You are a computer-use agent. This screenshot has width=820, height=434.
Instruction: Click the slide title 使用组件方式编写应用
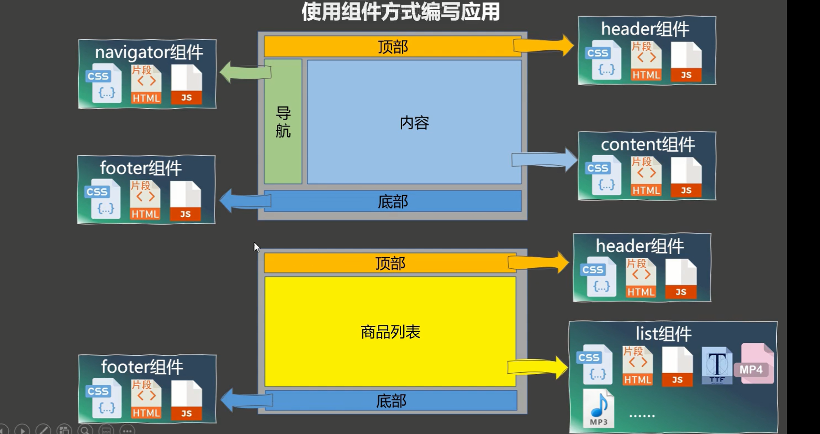click(400, 12)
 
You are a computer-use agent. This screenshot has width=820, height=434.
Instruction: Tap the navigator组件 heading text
click(149, 52)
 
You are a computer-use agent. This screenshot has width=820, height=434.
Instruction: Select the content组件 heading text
click(648, 145)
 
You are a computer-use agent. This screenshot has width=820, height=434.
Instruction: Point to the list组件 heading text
click(663, 334)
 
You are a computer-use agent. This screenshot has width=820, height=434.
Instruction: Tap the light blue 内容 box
click(414, 122)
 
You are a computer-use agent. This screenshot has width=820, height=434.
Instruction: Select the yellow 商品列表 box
click(390, 331)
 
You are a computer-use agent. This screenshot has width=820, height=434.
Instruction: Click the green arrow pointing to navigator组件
click(244, 72)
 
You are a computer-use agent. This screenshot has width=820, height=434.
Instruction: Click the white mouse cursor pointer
click(257, 247)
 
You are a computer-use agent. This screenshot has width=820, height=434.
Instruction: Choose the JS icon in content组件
click(686, 178)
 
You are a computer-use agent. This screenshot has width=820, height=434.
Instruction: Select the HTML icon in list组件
click(638, 366)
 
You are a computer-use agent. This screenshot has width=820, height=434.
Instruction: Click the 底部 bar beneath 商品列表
click(391, 401)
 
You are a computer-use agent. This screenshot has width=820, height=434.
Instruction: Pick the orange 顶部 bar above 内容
click(392, 46)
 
